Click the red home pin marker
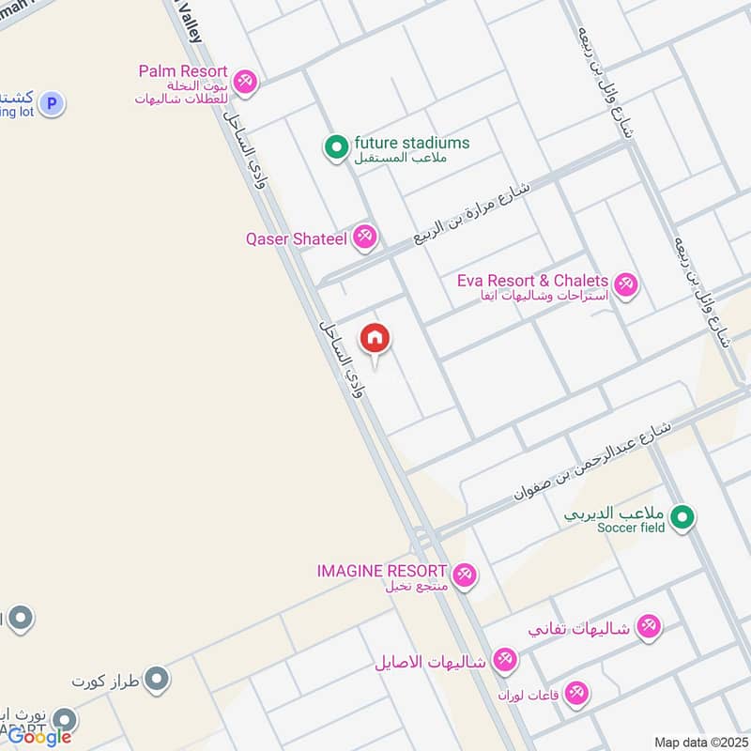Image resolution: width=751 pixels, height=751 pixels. [375, 338]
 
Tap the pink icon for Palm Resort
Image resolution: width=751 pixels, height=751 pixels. [246, 81]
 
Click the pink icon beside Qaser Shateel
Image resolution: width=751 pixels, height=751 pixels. [365, 238]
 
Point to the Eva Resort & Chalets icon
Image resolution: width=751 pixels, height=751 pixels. [625, 283]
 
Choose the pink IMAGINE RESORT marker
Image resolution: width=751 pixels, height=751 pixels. [463, 574]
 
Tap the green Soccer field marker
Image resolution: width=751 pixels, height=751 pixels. [684, 516]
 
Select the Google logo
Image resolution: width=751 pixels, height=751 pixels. [39, 736]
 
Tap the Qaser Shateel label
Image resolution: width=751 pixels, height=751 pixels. [296, 239]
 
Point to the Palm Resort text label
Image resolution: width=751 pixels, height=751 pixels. [183, 71]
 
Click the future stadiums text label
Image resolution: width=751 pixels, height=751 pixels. [411, 144]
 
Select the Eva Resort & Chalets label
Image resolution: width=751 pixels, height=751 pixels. [532, 281]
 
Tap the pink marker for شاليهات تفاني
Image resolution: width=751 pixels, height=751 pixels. [649, 626]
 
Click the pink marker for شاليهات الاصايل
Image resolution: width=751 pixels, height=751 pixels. [505, 661]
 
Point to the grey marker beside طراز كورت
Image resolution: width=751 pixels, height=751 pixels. [157, 678]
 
